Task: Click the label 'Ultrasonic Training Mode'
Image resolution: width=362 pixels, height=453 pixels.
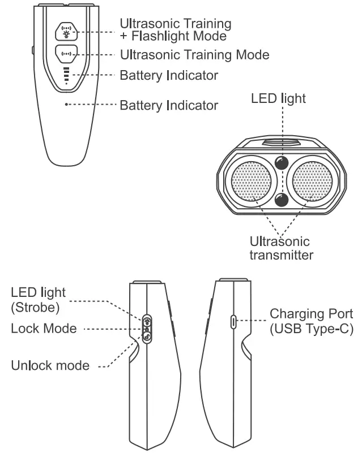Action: tap(194, 55)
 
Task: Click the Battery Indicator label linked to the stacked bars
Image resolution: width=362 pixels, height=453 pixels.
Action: tap(169, 75)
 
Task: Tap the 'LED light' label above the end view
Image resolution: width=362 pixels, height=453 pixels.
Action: tap(279, 99)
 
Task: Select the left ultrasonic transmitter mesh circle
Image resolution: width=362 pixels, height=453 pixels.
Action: tap(252, 182)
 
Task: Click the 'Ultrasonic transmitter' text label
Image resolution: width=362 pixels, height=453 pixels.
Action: tap(281, 249)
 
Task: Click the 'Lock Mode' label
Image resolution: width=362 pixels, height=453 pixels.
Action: tap(43, 329)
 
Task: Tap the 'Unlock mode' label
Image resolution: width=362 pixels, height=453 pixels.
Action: tap(50, 365)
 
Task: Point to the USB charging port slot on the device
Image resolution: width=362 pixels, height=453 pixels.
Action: tap(233, 322)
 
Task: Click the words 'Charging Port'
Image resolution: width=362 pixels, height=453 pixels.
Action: tap(311, 314)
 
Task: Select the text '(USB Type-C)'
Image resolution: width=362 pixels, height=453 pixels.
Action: tap(311, 329)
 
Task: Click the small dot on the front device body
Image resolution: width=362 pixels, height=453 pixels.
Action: tap(66, 105)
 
